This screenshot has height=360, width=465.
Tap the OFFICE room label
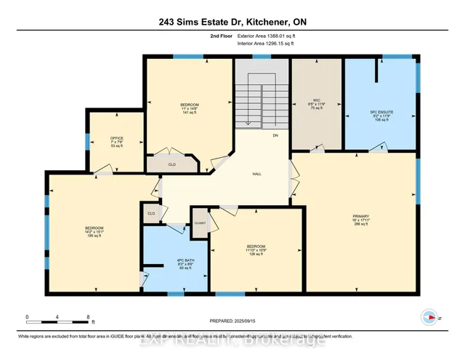[116, 137]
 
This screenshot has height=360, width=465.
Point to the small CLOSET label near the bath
[199, 223]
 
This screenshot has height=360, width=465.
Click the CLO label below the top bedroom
[171, 165]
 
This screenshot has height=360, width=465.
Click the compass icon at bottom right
[429, 317]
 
